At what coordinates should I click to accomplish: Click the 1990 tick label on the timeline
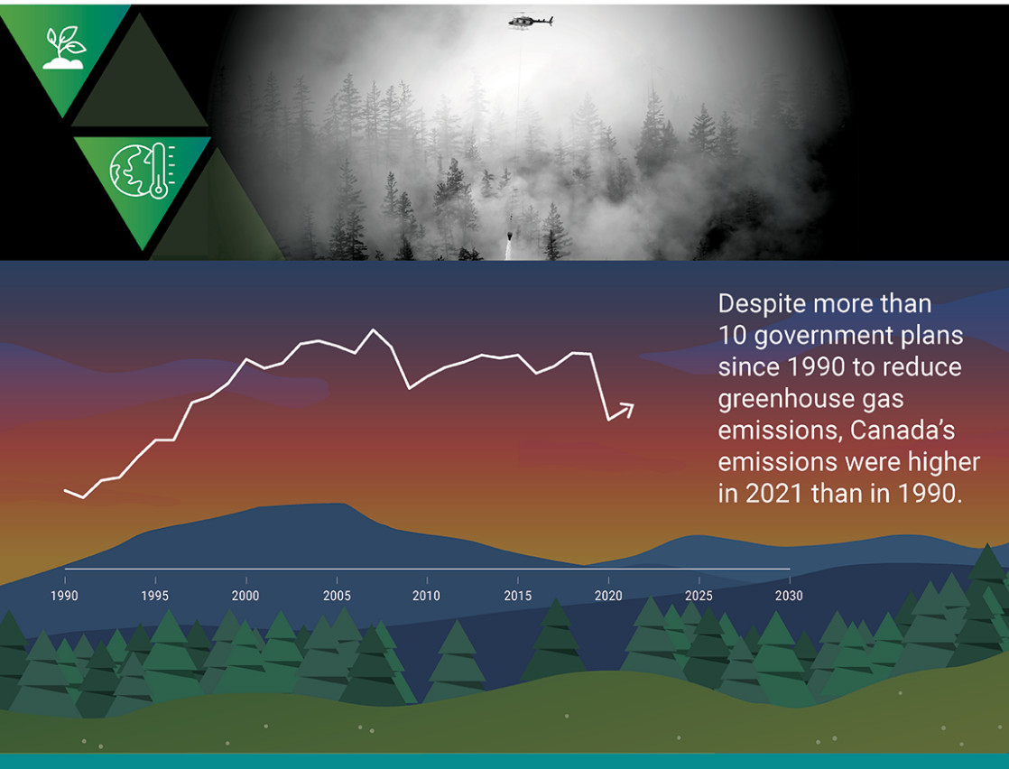coord(64,596)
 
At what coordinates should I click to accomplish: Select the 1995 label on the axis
coord(155,596)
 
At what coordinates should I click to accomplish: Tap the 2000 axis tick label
coord(245,596)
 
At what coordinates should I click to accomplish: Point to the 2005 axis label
coord(337,596)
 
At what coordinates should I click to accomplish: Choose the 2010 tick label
coord(427,596)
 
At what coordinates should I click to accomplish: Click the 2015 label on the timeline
coord(518,596)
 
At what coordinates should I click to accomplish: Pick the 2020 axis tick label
coord(608,596)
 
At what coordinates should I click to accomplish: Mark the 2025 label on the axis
coord(699,596)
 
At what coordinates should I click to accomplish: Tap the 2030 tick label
coord(789,596)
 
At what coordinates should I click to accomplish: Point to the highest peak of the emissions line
coord(374,330)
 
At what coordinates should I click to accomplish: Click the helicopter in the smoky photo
coord(531,22)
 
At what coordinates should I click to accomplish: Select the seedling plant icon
coord(64,48)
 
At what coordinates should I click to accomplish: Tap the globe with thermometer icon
coord(143,171)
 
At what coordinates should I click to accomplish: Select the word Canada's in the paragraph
coord(903,430)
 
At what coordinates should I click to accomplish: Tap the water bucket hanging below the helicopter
coord(510,236)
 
